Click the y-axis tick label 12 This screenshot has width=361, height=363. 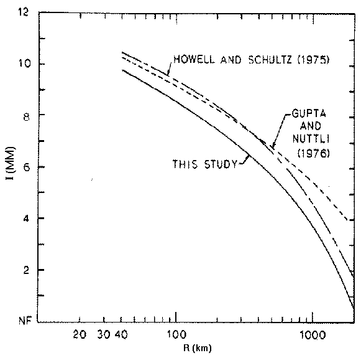point(23,12)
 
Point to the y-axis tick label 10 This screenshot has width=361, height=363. point(24,64)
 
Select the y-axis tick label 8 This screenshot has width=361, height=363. point(26,117)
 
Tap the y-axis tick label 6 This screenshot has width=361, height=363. point(27,167)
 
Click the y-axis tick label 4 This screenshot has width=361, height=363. point(26,219)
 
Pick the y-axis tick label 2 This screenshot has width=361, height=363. point(26,270)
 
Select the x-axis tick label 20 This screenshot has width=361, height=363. point(80,335)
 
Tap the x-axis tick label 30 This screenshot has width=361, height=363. point(104,335)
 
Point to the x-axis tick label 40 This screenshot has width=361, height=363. point(121,335)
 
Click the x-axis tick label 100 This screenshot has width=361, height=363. point(176,335)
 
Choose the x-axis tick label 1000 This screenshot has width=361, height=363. point(313,335)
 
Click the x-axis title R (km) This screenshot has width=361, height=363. point(198,348)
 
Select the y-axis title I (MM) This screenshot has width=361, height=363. point(11,163)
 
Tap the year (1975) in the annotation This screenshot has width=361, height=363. point(313,60)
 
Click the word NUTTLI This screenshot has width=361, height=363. point(311,139)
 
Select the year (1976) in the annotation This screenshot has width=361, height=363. point(314,153)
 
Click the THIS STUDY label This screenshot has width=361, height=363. point(205,164)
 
